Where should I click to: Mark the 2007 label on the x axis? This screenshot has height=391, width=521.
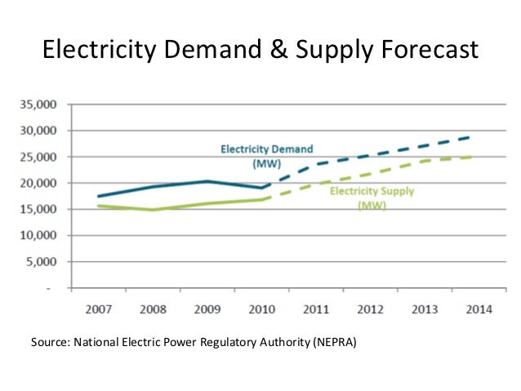pyautogui.click(x=97, y=310)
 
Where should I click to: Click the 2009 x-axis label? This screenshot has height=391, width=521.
pyautogui.click(x=207, y=310)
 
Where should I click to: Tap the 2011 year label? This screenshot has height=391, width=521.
pyautogui.click(x=317, y=310)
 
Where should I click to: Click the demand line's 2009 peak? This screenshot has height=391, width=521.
pyautogui.click(x=207, y=181)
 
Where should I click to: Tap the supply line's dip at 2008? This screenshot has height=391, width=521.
pyautogui.click(x=153, y=210)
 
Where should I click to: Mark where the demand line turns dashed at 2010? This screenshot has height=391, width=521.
pyautogui.click(x=262, y=188)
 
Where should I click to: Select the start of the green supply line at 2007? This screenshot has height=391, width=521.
pyautogui.click(x=98, y=206)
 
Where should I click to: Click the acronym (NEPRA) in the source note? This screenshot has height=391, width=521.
pyautogui.click(x=334, y=342)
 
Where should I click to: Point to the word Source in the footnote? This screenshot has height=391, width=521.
pyautogui.click(x=47, y=342)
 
